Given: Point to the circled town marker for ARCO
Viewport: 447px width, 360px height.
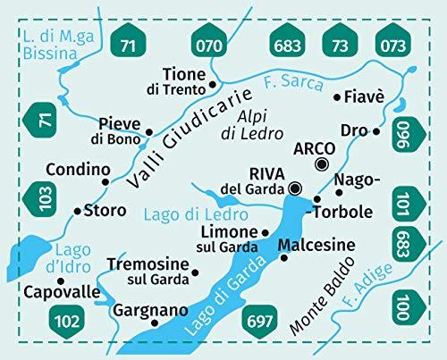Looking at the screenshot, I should coord(321,163).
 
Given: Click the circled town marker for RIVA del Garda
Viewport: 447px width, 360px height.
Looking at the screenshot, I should coord(296,188).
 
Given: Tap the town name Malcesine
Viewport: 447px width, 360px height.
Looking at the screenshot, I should coord(316,245).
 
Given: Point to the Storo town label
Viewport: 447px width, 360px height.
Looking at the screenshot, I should coord(104,212).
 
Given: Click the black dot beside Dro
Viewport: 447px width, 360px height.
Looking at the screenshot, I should coord(376,131).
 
